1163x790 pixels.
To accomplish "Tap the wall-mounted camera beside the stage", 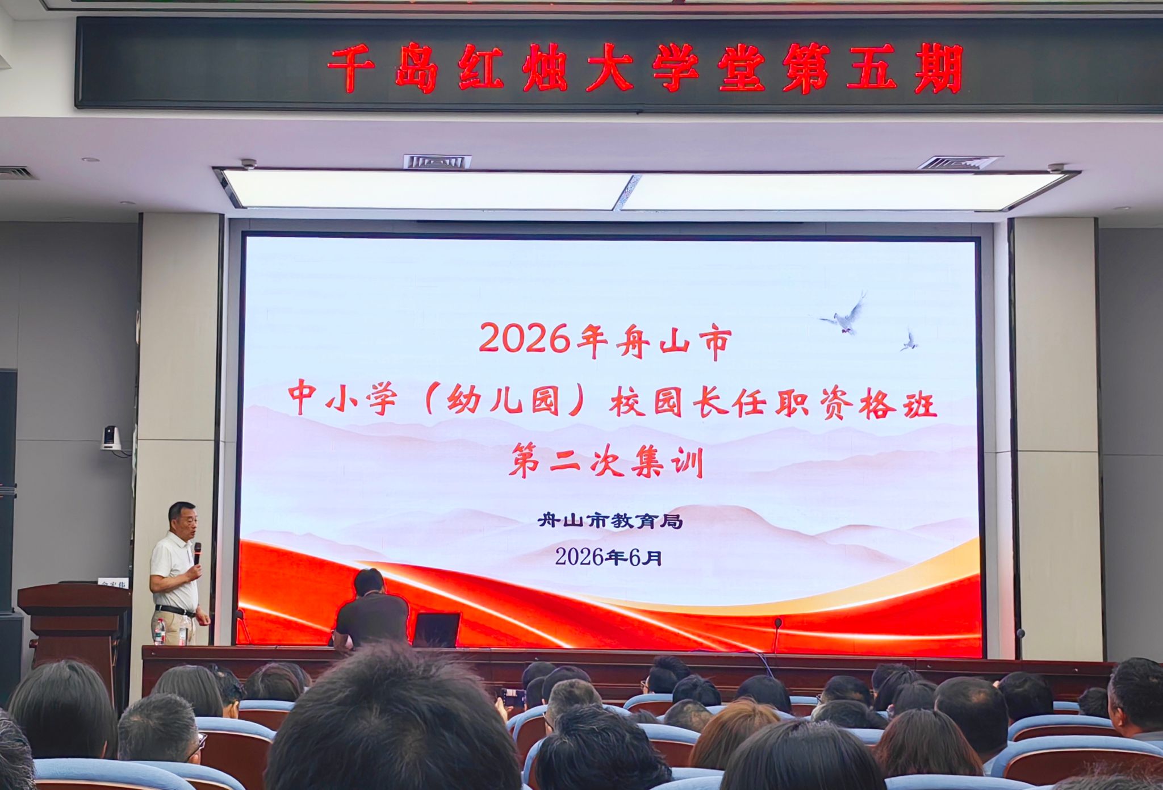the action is click(111, 438).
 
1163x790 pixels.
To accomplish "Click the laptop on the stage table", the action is click(436, 630).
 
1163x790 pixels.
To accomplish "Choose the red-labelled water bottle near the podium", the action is click(160, 632).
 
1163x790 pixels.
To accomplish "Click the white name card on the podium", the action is click(114, 583).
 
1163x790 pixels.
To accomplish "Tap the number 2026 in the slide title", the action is click(524, 338).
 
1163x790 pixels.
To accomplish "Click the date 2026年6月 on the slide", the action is click(609, 557).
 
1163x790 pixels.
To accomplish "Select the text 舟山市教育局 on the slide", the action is click(610, 521).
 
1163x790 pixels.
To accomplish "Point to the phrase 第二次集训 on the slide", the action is click(606, 462).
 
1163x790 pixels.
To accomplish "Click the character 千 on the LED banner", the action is click(350, 69).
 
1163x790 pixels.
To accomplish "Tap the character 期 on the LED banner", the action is click(938, 69).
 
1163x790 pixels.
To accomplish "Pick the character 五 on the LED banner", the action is click(871, 69).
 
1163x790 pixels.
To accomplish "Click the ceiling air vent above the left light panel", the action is click(437, 162).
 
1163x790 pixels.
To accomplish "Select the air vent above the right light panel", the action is click(959, 163).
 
